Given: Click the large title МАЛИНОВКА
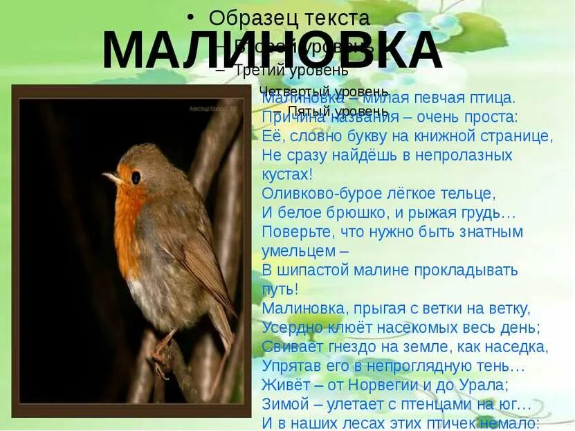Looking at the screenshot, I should click(x=271, y=51).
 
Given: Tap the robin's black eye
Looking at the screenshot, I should click(x=136, y=177).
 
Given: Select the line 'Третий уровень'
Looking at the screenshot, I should click(x=291, y=70).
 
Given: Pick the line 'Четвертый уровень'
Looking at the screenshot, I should click(x=323, y=91).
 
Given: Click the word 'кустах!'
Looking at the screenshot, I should click(x=288, y=174).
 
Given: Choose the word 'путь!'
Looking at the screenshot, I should click(x=280, y=288).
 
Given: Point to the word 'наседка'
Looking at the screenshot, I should click(x=516, y=346).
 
